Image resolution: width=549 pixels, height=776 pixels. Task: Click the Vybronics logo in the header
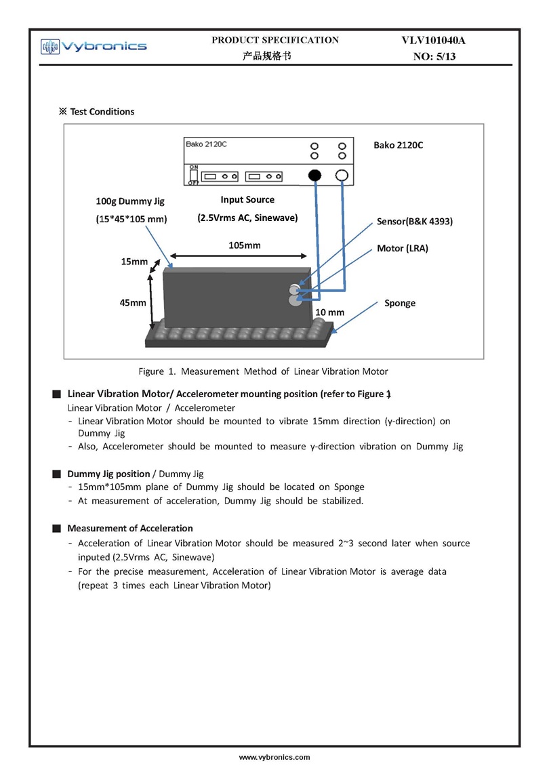click(x=94, y=46)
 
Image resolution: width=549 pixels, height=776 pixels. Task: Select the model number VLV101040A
click(x=434, y=41)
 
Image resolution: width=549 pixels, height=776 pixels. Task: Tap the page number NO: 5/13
click(x=434, y=57)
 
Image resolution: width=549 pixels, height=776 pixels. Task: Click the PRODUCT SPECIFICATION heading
click(x=275, y=40)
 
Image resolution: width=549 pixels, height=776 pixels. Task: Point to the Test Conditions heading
click(x=97, y=112)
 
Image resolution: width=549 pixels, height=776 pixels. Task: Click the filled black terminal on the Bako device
click(x=314, y=176)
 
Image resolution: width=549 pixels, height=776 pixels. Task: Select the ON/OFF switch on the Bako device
click(x=193, y=175)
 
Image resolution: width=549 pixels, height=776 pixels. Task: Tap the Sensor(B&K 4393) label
click(x=414, y=222)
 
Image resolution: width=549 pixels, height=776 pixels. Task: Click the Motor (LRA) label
click(x=403, y=249)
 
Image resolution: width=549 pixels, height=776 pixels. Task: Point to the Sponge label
click(x=400, y=303)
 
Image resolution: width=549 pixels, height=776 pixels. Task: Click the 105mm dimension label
click(x=244, y=245)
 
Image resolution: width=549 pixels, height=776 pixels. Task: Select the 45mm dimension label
click(x=133, y=303)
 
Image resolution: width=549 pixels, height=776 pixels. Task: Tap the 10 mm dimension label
click(x=330, y=312)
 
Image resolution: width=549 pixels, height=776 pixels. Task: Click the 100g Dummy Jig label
click(x=130, y=201)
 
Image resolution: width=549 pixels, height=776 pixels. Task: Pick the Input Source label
click(x=247, y=200)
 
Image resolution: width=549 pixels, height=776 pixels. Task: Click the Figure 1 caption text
click(x=263, y=371)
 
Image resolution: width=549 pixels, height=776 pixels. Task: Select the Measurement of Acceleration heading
click(x=129, y=528)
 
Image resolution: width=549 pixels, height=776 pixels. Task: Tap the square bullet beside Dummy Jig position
click(x=56, y=474)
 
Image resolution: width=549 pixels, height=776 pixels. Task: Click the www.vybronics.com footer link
click(x=274, y=757)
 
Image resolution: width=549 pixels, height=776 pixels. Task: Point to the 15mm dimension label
click(x=134, y=262)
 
